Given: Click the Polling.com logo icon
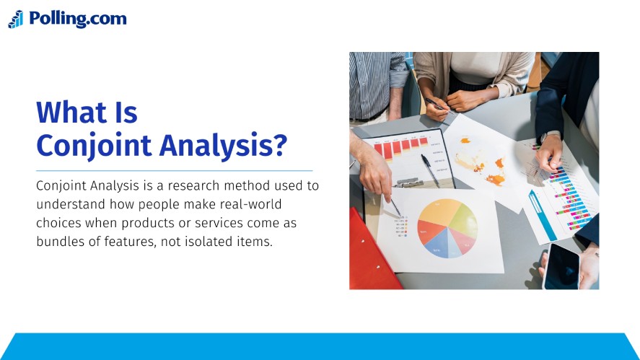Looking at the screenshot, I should [x=16, y=19].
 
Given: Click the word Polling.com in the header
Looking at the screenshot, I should [x=77, y=19].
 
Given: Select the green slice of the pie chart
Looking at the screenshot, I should [x=463, y=220].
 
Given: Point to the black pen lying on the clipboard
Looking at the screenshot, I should [x=430, y=170].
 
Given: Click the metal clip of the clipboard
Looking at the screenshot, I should [x=409, y=183].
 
